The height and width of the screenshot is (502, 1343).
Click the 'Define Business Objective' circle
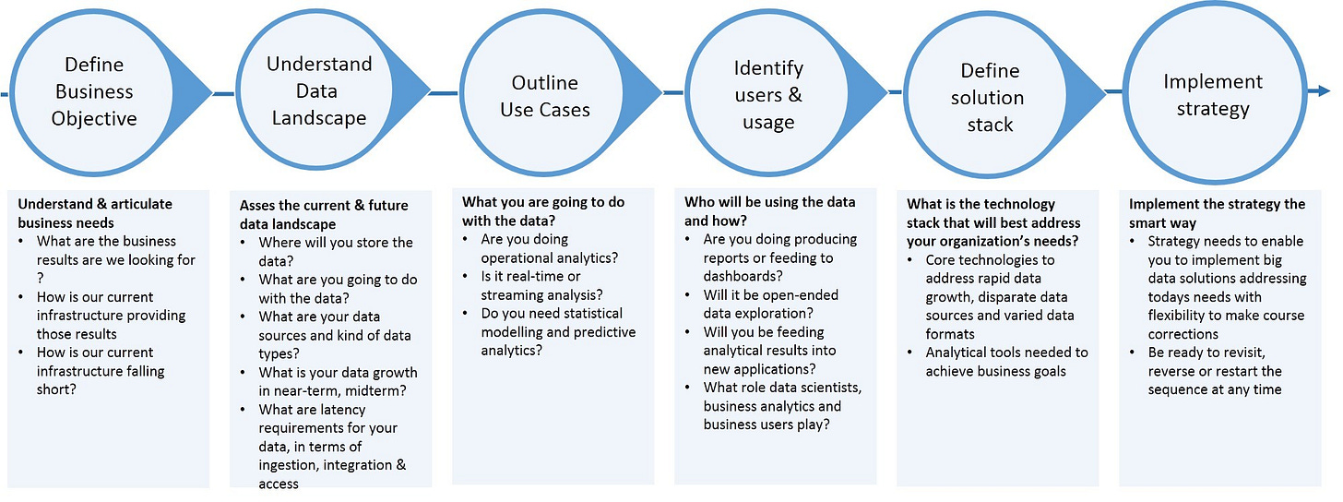(94, 91)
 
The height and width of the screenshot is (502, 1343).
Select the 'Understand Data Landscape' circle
(318, 90)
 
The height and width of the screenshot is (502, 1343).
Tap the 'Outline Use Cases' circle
(544, 96)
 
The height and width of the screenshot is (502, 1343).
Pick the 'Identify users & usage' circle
(768, 95)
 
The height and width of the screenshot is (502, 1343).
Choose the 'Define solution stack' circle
(990, 97)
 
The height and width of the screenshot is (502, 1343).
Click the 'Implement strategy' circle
(1212, 94)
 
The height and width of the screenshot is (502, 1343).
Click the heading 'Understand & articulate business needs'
(95, 213)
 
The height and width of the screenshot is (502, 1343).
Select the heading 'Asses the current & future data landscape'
(323, 214)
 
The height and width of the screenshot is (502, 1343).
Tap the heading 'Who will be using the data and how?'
(769, 211)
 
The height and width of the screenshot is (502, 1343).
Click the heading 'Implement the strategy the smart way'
(1217, 213)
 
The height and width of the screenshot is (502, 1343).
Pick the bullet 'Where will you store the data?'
(336, 252)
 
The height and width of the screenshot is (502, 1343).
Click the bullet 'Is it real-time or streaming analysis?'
(541, 285)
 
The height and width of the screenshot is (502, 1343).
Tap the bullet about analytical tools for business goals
(1006, 361)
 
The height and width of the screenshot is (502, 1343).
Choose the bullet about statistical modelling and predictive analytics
(557, 331)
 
